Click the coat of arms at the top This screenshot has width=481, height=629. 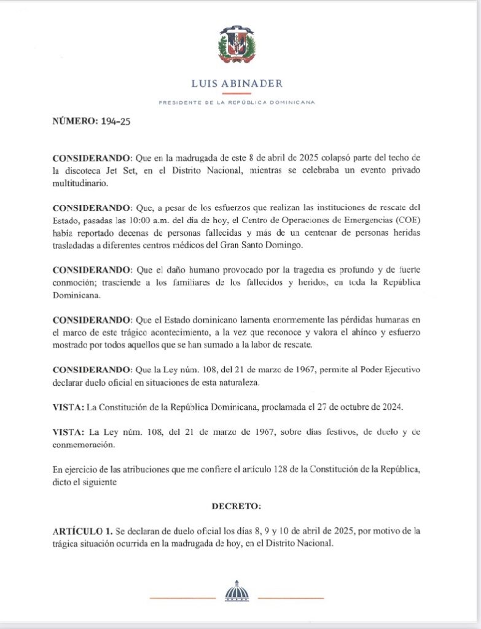[236, 47]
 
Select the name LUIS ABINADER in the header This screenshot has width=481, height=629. [237, 84]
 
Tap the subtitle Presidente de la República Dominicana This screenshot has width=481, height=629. [237, 103]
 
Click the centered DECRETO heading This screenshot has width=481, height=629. [237, 507]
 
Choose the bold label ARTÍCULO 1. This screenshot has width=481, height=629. [83, 530]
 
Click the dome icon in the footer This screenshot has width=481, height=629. [237, 591]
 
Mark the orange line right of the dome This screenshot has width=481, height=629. [291, 598]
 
